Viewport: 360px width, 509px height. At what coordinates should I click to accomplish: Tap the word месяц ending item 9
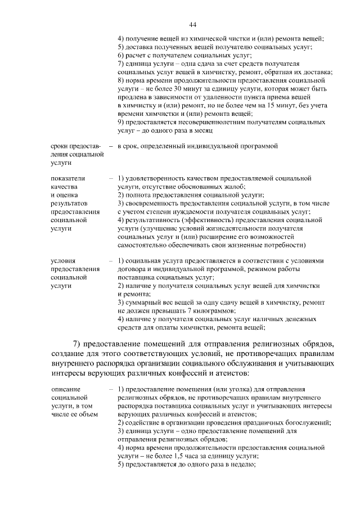(x=204, y=130)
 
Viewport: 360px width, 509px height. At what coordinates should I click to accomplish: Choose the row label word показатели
(x=67, y=178)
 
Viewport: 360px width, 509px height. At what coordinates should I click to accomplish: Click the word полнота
(x=137, y=195)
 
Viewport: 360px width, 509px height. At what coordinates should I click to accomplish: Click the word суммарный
(x=141, y=302)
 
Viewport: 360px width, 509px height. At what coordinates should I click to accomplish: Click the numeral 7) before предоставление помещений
(x=78, y=344)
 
